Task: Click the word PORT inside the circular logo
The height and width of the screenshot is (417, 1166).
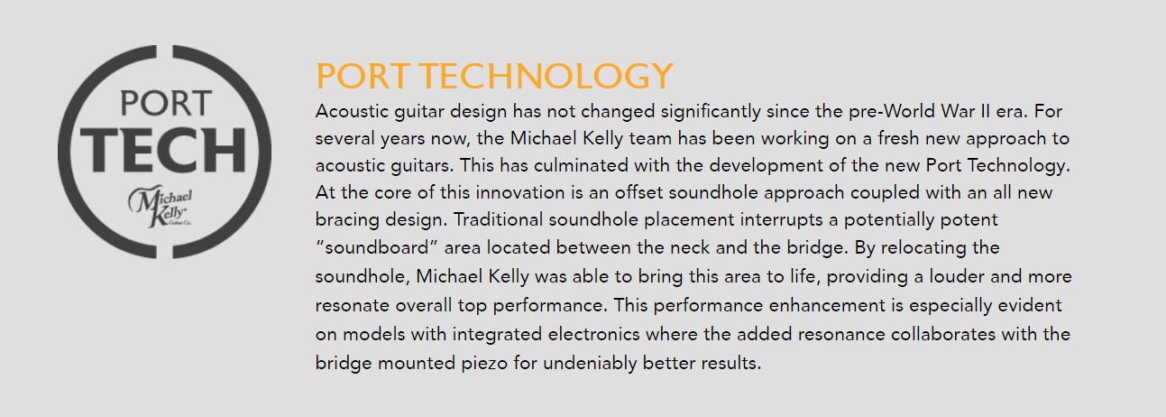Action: [166, 103]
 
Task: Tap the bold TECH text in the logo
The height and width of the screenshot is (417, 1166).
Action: [163, 150]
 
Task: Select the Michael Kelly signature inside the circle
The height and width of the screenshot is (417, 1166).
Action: [161, 207]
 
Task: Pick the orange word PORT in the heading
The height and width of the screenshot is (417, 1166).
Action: [362, 76]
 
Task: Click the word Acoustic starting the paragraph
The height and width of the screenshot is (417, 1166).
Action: [352, 111]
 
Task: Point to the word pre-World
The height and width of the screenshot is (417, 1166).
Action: [892, 111]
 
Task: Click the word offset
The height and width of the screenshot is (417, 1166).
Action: [638, 192]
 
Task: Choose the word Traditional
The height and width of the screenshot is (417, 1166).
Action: [498, 219]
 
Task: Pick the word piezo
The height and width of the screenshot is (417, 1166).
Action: [484, 363]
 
